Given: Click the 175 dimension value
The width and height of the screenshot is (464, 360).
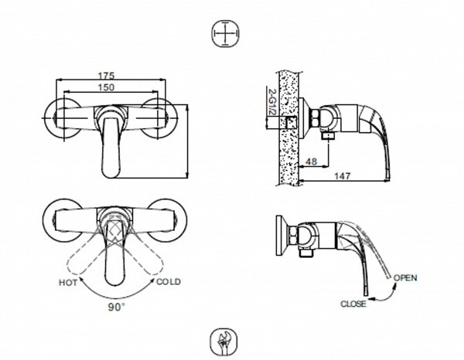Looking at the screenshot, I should [107, 75].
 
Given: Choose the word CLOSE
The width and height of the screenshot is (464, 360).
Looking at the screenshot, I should [353, 304].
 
